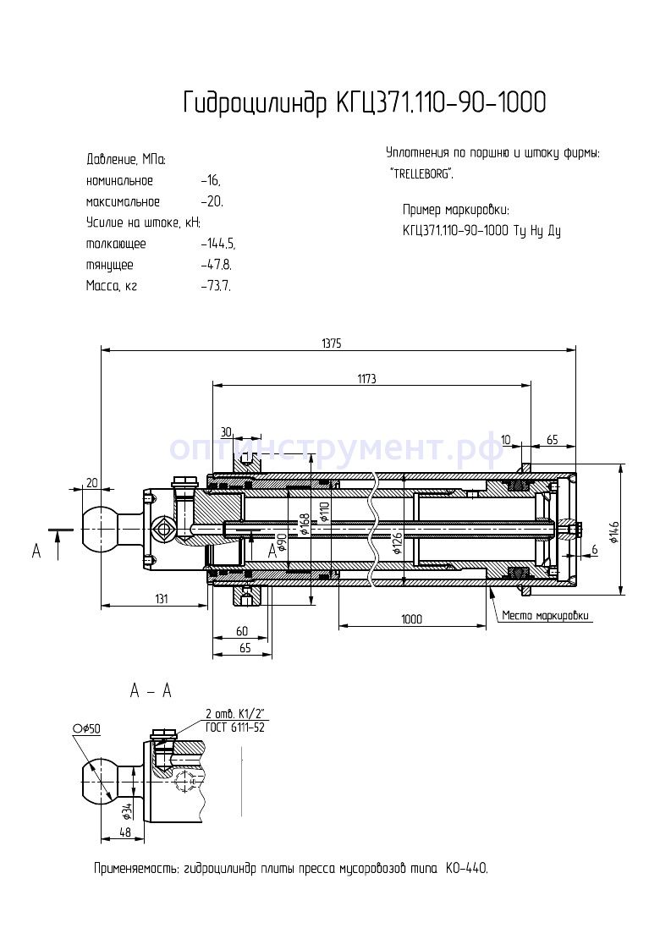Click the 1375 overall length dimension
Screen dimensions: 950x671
pos(332,343)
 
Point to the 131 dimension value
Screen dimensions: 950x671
pos(162,598)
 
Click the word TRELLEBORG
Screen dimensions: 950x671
pos(421,173)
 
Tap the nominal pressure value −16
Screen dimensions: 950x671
pos(210,181)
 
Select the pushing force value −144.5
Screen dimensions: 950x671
pos(217,244)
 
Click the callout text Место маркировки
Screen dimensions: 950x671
pos(545,615)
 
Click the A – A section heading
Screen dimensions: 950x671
pos(151,691)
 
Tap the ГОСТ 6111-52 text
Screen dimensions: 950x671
pos(235,727)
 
